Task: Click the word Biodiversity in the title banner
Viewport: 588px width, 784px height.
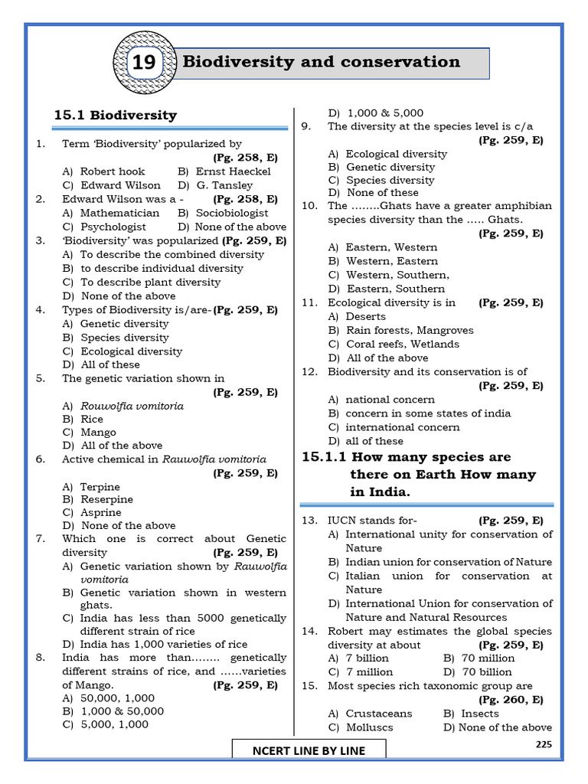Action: [230, 62]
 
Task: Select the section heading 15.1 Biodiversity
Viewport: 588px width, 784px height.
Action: [115, 116]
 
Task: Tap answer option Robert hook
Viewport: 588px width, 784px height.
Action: [112, 171]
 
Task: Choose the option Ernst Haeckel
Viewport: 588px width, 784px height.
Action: [233, 171]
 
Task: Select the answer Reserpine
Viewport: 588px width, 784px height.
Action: [106, 499]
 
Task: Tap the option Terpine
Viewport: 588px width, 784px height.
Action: [100, 486]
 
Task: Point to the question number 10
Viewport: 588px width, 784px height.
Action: [309, 206]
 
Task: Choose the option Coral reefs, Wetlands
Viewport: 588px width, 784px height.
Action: [402, 345]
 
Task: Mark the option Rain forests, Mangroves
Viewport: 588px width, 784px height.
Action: [409, 331]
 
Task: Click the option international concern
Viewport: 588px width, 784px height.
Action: [402, 427]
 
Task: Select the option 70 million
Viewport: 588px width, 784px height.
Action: [488, 658]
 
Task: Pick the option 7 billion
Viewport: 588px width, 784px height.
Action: [367, 658]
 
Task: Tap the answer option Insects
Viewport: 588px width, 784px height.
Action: [480, 714]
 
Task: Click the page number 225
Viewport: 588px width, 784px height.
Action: [543, 743]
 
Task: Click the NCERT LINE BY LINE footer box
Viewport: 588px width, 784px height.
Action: [309, 750]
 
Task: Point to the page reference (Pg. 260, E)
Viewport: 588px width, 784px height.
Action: [511, 700]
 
